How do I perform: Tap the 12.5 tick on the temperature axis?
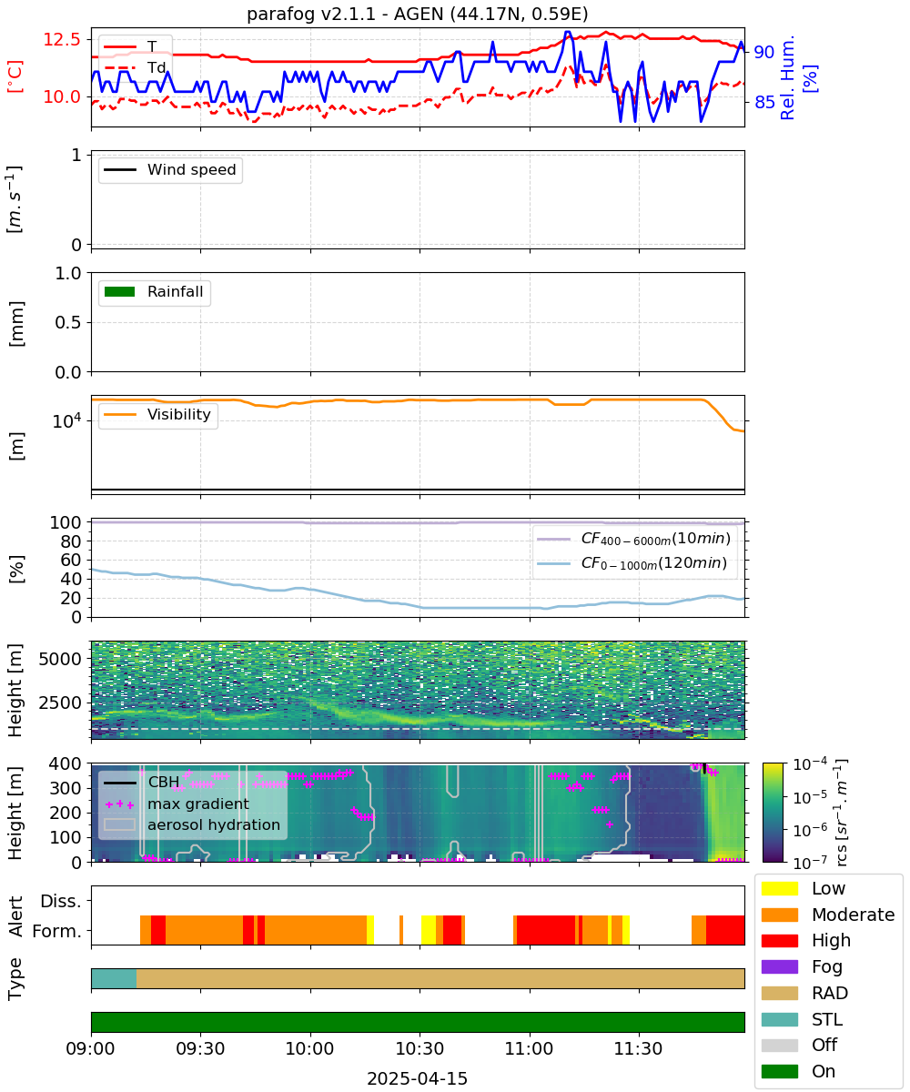point(62,39)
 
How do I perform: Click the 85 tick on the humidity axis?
point(764,102)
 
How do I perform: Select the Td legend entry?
point(135,67)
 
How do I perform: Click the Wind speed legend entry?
point(170,169)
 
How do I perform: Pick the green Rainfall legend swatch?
point(120,292)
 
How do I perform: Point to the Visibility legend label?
point(179,414)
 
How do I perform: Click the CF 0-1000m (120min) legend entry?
point(632,563)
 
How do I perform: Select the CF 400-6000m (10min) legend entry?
point(633,539)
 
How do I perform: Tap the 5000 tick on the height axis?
point(60,659)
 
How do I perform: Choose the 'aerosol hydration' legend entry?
point(192,824)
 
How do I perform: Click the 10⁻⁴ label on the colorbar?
point(810,765)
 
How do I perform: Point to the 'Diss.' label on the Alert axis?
point(61,901)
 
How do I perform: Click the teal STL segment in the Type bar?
point(114,978)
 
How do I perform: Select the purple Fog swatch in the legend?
point(779,966)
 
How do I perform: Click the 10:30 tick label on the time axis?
point(420,1048)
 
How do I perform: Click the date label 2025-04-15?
point(418,1078)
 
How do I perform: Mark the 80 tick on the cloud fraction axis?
point(71,541)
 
